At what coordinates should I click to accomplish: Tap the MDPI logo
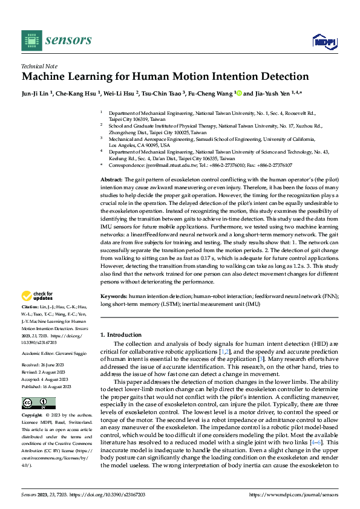tap(323, 41)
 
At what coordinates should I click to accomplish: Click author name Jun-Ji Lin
tap(36, 94)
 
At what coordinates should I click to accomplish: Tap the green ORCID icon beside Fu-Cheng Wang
tap(238, 94)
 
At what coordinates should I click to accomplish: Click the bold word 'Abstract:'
tap(111, 180)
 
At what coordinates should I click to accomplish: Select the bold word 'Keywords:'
tap(113, 296)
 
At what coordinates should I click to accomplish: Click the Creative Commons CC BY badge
tap(38, 403)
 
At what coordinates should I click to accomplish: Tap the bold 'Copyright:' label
tap(33, 416)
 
